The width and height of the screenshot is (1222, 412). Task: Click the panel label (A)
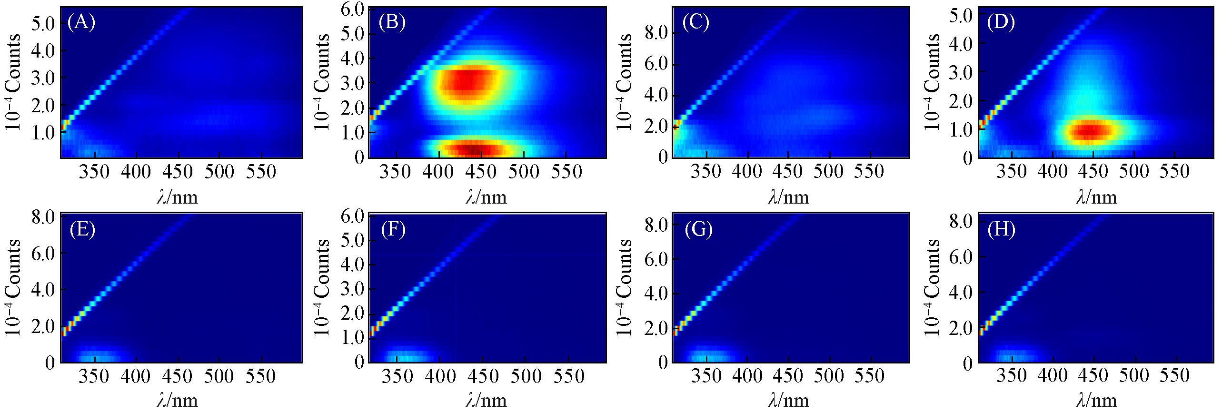click(x=81, y=23)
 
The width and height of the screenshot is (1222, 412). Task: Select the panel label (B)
click(x=392, y=23)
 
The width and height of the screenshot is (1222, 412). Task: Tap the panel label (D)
click(x=1001, y=23)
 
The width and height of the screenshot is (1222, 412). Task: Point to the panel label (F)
click(x=393, y=230)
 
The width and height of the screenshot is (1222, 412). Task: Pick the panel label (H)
click(x=1001, y=230)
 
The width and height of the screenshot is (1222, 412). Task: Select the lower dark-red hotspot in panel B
click(x=476, y=149)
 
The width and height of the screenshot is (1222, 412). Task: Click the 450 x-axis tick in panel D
click(x=1093, y=172)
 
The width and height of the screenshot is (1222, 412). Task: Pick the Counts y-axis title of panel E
click(x=13, y=287)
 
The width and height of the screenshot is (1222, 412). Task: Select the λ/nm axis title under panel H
click(x=1096, y=401)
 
